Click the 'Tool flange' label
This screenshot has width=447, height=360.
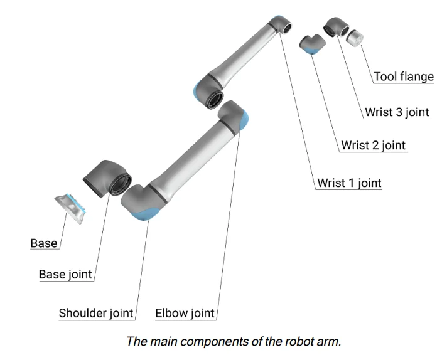coord(404,77)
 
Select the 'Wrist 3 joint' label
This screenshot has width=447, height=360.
coord(397,113)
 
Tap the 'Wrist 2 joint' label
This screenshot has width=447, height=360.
coord(373,146)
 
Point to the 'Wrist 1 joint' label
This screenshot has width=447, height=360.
coord(349,183)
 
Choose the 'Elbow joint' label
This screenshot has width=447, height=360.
coord(185,313)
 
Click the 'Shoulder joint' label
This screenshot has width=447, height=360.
coord(95,313)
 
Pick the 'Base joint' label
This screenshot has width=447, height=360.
coord(65,275)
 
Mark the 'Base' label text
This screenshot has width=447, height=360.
coord(44,243)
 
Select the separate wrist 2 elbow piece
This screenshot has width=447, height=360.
coord(311,45)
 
